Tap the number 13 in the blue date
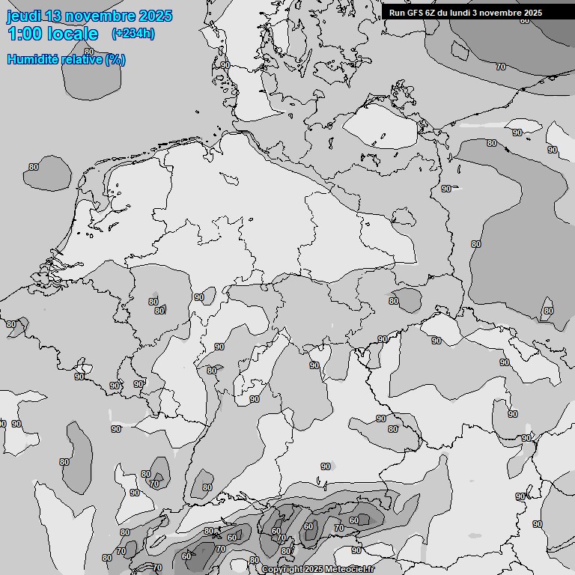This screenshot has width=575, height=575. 53,16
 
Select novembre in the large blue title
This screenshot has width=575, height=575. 100,16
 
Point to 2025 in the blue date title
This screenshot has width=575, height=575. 155,16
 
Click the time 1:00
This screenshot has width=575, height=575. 23,34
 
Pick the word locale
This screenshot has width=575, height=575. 71,34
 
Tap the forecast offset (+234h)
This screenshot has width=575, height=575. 133,34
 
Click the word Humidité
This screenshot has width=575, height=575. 32,59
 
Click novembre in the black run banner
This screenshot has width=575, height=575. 505,13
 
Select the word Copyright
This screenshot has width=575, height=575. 282,570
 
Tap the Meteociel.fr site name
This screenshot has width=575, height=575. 350,570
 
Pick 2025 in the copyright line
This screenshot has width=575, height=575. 314,570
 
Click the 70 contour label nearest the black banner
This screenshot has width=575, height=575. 501,67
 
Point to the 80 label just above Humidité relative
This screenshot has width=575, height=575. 89,52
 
